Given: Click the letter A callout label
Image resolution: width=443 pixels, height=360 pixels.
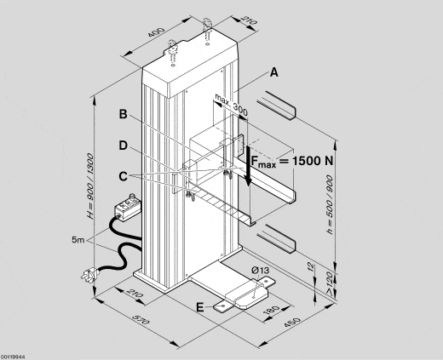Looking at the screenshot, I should pos(273,73).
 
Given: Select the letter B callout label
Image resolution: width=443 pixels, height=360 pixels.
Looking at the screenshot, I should pos(124,114).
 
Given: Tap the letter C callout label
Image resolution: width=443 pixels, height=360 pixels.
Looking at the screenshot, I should pos(124,176).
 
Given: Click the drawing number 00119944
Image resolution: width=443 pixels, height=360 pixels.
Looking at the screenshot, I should pos(14,355).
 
